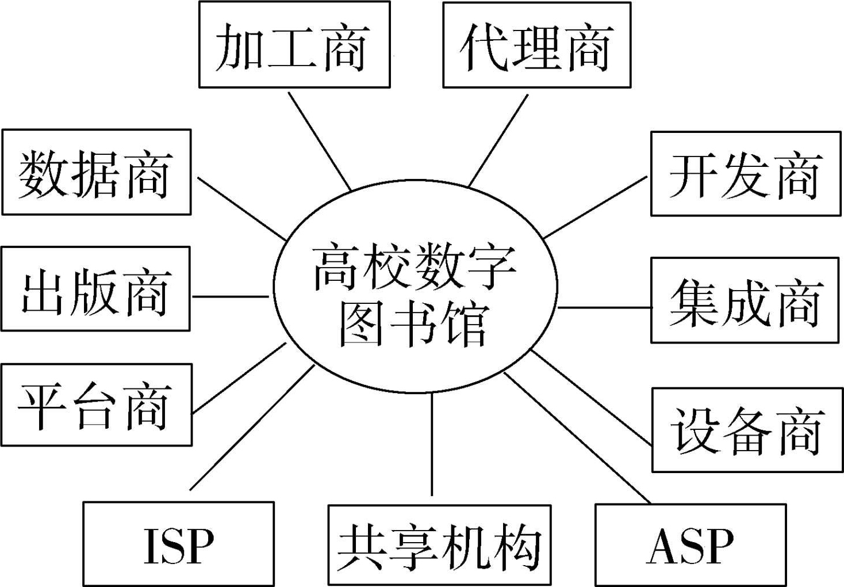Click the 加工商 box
click(x=294, y=45)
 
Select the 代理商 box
click(x=536, y=45)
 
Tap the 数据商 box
click(x=96, y=172)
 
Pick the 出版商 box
click(x=95, y=289)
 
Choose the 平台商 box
click(x=96, y=405)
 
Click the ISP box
click(x=178, y=544)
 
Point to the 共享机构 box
click(x=439, y=545)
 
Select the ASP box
click(x=690, y=545)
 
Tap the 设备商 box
click(x=747, y=430)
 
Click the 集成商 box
click(x=745, y=300)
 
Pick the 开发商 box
click(x=746, y=174)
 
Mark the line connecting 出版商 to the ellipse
click(x=230, y=296)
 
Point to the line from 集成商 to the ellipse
click(x=604, y=307)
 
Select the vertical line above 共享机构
click(x=432, y=443)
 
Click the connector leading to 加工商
click(x=319, y=141)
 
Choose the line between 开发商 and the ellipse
click(x=595, y=208)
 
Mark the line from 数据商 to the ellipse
click(x=241, y=208)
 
